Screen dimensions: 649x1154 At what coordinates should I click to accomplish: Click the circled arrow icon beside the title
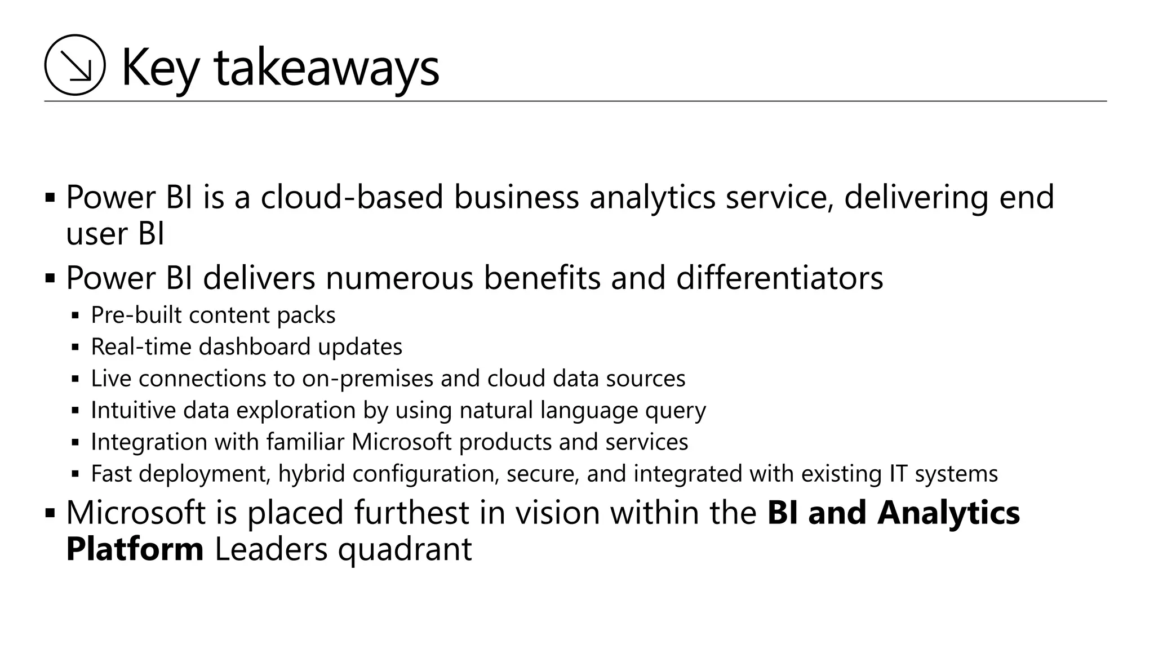click(75, 65)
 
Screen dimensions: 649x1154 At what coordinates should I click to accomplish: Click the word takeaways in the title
click(326, 68)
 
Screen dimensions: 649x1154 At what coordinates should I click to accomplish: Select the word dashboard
click(254, 346)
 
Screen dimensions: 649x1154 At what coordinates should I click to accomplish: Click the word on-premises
click(367, 379)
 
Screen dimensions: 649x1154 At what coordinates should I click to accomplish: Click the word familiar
click(305, 442)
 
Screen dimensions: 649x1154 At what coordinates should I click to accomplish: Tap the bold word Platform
click(135, 549)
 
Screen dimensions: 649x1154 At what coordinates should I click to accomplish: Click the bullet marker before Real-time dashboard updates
click(76, 347)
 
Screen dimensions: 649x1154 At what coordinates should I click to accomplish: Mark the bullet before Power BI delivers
click(50, 278)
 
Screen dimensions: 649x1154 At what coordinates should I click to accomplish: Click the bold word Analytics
click(948, 513)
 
